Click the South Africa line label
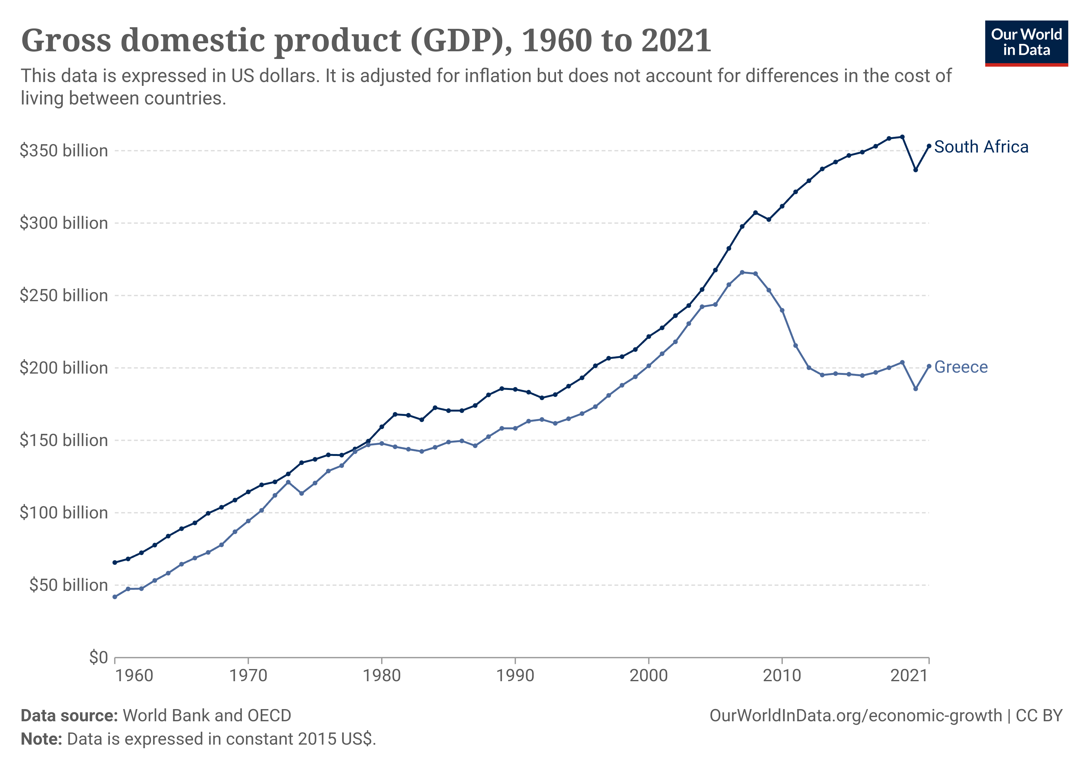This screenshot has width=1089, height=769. pyautogui.click(x=980, y=147)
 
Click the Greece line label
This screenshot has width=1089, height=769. pyautogui.click(x=961, y=367)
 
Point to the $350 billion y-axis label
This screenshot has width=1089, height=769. pyautogui.click(x=63, y=151)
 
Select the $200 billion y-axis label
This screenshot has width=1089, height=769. pyautogui.click(x=63, y=368)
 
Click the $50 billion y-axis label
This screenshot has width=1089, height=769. pyautogui.click(x=68, y=585)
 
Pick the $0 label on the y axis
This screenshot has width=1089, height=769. pyautogui.click(x=98, y=657)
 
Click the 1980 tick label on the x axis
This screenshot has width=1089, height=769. pyautogui.click(x=381, y=675)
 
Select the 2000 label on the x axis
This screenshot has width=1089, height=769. pyautogui.click(x=648, y=675)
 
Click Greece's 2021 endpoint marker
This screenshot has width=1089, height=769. pyautogui.click(x=929, y=366)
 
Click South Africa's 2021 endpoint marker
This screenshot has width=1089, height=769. pyautogui.click(x=929, y=146)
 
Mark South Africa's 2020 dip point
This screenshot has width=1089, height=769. pyautogui.click(x=915, y=170)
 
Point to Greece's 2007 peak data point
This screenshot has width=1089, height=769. pyautogui.click(x=742, y=272)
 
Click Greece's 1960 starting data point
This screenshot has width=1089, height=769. pyautogui.click(x=115, y=597)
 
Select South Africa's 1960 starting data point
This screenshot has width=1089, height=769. pyautogui.click(x=115, y=563)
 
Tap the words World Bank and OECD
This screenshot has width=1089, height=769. pyautogui.click(x=207, y=715)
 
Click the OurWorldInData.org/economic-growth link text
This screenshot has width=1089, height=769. pyautogui.click(x=856, y=715)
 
